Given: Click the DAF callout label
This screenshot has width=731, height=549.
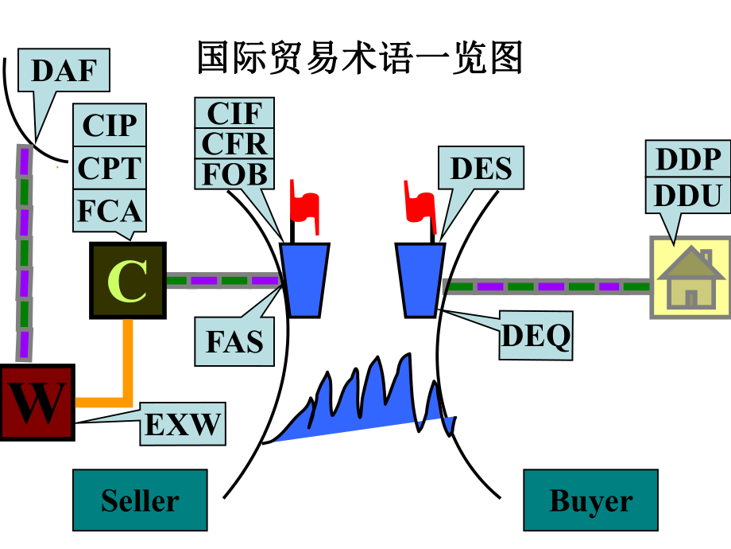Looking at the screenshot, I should (x=64, y=71).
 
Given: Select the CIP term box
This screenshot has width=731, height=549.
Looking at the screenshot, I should (x=110, y=125).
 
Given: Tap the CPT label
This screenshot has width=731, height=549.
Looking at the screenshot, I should (x=110, y=168).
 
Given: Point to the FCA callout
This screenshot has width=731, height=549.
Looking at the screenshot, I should (x=110, y=211).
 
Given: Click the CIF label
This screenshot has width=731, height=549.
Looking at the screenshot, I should (x=234, y=113).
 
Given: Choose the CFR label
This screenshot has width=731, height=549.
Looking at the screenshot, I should (x=234, y=143).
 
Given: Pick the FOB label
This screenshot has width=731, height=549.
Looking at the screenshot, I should (x=234, y=173).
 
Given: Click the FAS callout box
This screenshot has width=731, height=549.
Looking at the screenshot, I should (x=234, y=341).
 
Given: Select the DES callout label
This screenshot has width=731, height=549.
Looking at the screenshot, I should (x=482, y=168).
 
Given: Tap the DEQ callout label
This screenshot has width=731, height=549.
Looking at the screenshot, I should (x=536, y=337).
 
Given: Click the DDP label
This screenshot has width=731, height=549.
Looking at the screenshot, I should (x=688, y=160).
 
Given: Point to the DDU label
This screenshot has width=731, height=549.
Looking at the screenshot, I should (x=688, y=195).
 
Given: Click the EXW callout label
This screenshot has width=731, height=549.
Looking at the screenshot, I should (x=182, y=424).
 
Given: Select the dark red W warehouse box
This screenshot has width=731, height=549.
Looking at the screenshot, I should (x=37, y=403).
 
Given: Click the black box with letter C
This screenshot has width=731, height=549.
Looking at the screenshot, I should (x=127, y=281).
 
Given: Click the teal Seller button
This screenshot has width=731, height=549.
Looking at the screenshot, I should (x=140, y=500).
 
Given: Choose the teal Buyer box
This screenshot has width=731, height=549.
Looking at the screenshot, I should (x=590, y=500).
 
